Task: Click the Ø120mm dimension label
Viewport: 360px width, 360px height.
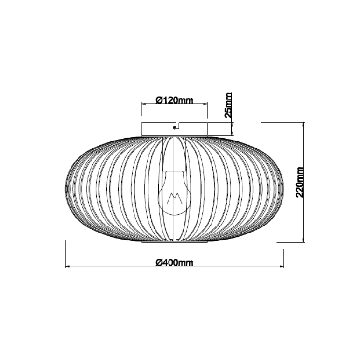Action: [175, 100]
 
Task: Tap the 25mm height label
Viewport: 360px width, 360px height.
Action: [228, 106]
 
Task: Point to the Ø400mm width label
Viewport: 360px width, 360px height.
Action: [175, 262]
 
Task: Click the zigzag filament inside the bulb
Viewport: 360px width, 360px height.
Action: [175, 198]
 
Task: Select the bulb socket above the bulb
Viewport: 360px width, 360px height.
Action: [175, 154]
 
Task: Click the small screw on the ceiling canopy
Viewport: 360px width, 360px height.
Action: [175, 127]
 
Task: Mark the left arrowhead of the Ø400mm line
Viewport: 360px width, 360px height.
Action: [68, 266]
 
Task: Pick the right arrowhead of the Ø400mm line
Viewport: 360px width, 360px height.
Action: [282, 266]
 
